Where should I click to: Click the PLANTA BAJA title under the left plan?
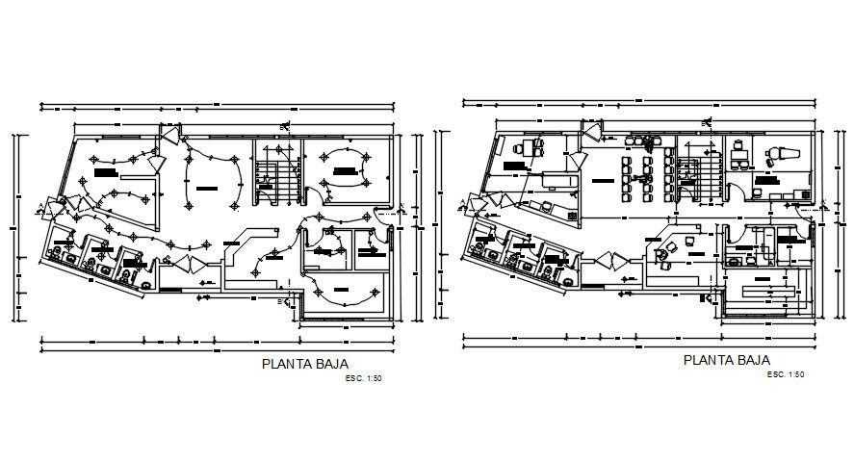[298, 365]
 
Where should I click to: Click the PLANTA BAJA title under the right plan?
[720, 360]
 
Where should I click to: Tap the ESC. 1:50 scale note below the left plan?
[363, 378]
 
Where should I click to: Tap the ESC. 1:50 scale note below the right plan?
[786, 373]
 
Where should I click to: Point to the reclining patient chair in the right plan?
[777, 151]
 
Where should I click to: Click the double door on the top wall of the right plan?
[589, 133]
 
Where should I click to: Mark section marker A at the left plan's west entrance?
[39, 205]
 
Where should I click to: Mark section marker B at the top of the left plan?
[282, 126]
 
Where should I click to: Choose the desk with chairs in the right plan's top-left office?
[527, 147]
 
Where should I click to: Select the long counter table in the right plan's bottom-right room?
[765, 290]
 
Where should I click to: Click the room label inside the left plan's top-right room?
[345, 170]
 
